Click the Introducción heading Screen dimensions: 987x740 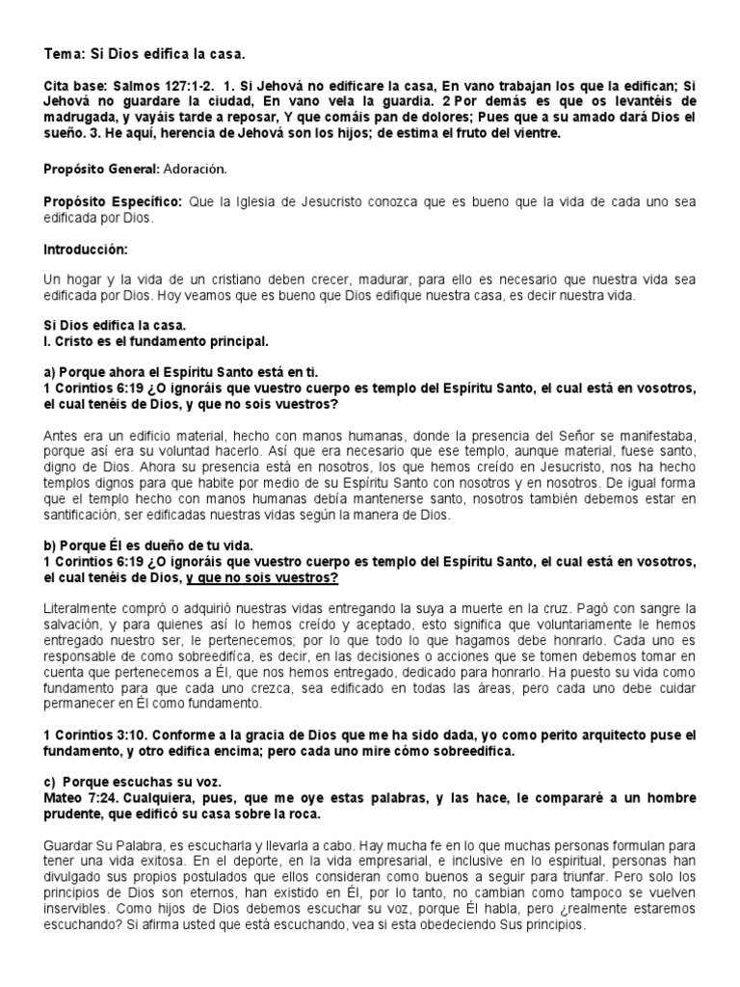(x=86, y=249)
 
